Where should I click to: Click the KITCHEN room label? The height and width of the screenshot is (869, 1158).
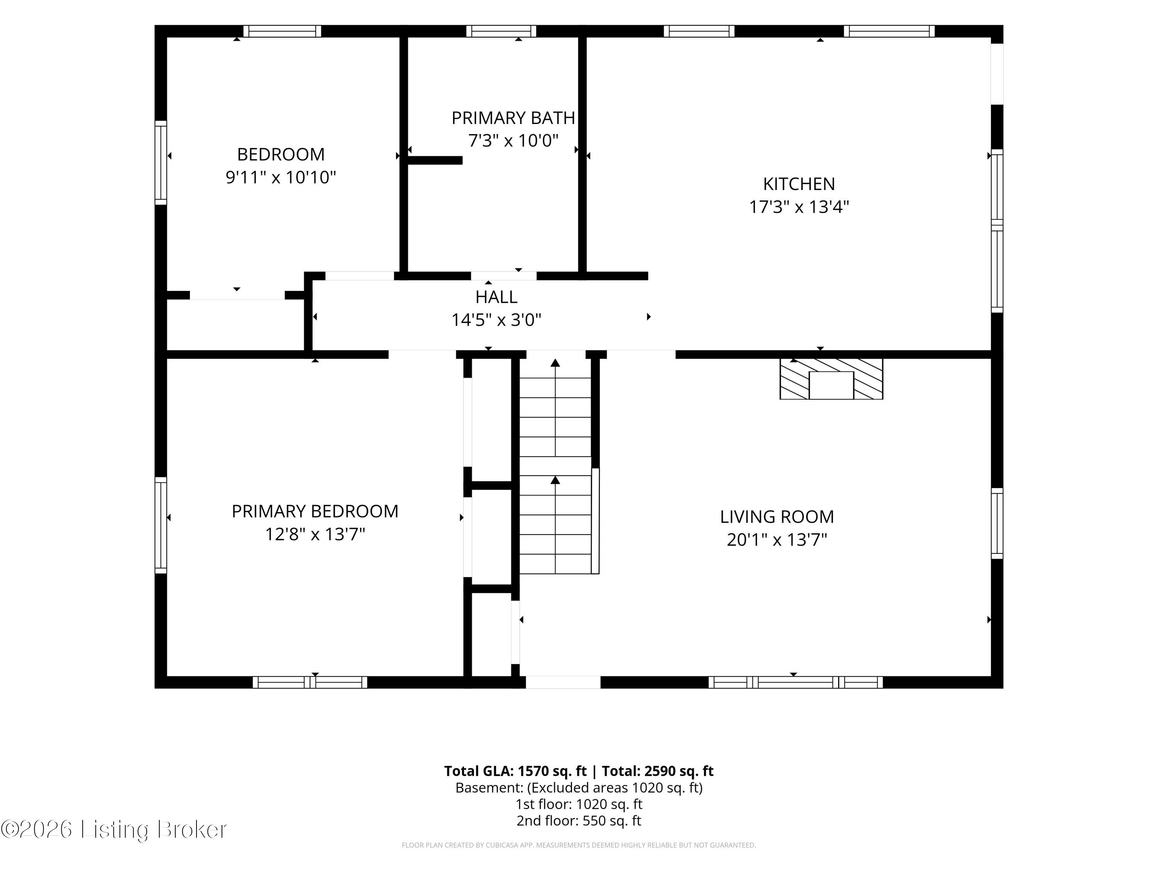(x=799, y=184)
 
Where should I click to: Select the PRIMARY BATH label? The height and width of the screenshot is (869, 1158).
(x=513, y=118)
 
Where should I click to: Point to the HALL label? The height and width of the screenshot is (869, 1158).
(x=496, y=297)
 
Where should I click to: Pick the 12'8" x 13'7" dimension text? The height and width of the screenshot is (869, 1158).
(x=315, y=534)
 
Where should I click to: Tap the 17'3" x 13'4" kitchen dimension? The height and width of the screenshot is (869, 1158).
(x=799, y=207)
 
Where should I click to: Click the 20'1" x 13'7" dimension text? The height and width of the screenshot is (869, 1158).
(x=777, y=540)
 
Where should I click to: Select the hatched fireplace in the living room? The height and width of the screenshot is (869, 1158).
(x=831, y=379)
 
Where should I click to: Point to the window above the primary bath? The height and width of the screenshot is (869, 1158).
(x=501, y=31)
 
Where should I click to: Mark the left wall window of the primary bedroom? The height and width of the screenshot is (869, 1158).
(x=161, y=525)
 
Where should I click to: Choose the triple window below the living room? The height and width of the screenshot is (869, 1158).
(x=796, y=682)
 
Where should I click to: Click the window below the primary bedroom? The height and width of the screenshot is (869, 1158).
(x=310, y=682)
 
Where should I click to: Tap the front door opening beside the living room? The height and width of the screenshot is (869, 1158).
(x=563, y=682)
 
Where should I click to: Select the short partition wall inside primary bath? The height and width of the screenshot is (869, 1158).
(x=435, y=160)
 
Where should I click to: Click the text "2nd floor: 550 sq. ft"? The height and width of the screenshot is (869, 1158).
(x=579, y=820)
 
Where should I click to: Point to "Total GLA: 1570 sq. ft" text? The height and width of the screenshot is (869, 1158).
(x=516, y=771)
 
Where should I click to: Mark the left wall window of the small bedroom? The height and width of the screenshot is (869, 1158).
(x=161, y=162)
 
